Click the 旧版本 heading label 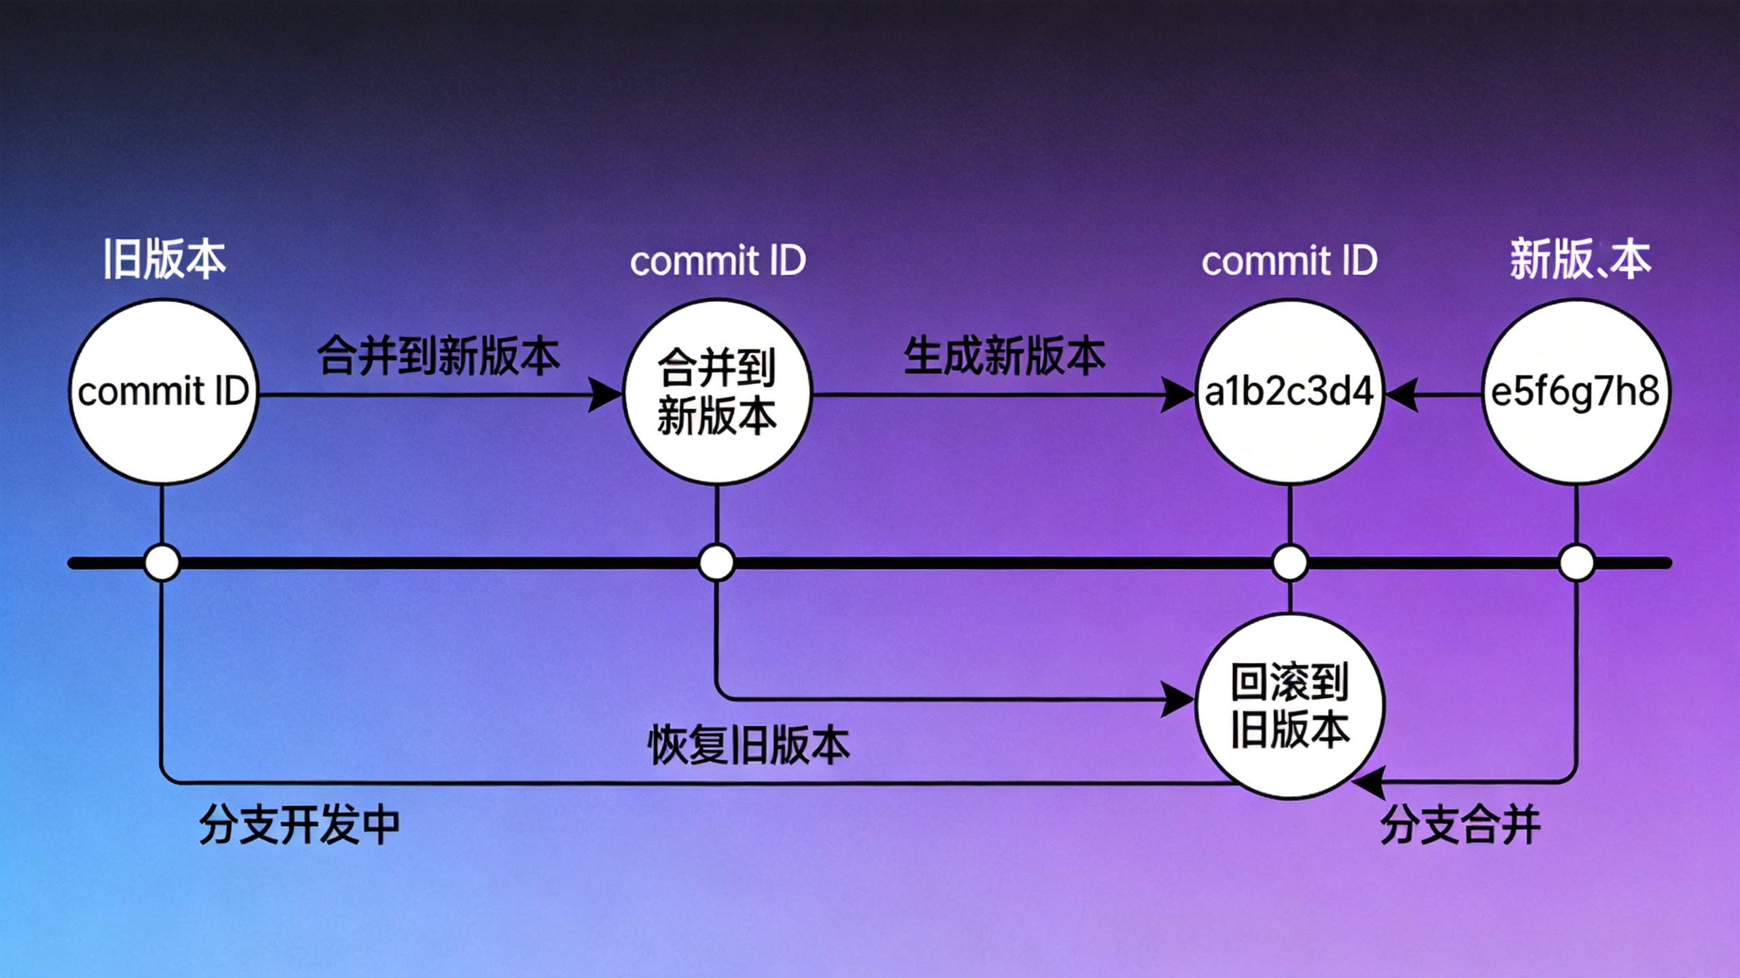pos(164,259)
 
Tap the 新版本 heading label pos(1580,259)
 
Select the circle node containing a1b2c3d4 pos(1289,392)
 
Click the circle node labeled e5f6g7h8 pos(1575,392)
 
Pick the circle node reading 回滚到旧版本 pos(1289,706)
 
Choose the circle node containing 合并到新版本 pos(717,392)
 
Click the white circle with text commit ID pos(163,392)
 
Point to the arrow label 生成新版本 pos(1004,356)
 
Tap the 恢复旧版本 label pos(748,745)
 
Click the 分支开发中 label pos(299,825)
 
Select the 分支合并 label pos(1460,825)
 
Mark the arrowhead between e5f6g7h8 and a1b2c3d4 pos(1402,395)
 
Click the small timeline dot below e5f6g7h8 pos(1576,563)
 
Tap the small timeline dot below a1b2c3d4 pos(1289,563)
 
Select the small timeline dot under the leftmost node pos(162,563)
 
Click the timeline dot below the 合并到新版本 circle pos(716,563)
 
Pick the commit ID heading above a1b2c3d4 pos(1289,261)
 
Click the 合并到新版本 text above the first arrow pos(438,356)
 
